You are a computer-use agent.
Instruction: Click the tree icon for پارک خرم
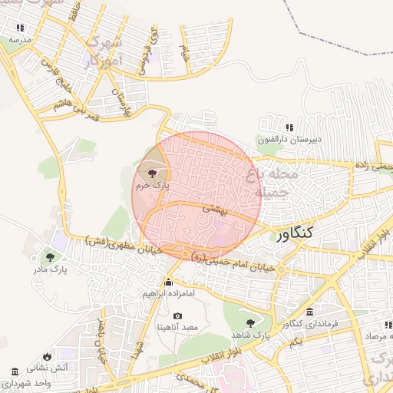pyautogui.click(x=150, y=173)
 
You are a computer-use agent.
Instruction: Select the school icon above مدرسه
pyautogui.click(x=20, y=28)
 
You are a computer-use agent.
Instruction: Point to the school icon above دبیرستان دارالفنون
pyautogui.click(x=289, y=128)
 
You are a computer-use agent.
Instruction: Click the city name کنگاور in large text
pyautogui.click(x=298, y=237)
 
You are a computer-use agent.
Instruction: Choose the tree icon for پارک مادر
pyautogui.click(x=51, y=258)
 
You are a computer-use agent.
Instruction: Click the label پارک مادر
pyautogui.click(x=51, y=270)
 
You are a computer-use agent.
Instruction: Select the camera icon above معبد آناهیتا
pyautogui.click(x=178, y=315)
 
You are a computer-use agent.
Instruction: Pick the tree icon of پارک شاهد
pyautogui.click(x=249, y=323)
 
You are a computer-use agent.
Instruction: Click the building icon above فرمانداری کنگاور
pyautogui.click(x=309, y=312)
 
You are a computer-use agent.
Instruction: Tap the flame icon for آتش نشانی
pyautogui.click(x=48, y=356)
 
